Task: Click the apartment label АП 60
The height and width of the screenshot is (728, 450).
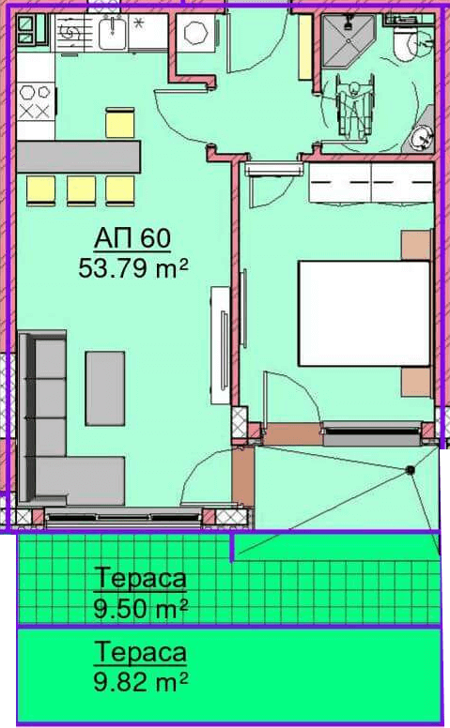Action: pos(132,238)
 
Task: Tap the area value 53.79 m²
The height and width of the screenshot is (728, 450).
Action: pos(133,268)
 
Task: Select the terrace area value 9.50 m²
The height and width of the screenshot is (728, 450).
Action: pos(140,608)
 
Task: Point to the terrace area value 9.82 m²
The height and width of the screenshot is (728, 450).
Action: pos(140,682)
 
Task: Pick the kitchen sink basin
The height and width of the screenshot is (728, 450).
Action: pos(113,33)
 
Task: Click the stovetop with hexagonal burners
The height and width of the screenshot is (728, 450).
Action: pos(36,101)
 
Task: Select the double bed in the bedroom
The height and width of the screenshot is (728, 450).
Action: pos(364,313)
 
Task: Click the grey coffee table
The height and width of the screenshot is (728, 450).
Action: pos(105,388)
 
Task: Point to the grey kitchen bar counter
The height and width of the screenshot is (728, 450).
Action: pos(78,157)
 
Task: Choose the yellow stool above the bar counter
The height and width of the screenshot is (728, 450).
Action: pos(120,123)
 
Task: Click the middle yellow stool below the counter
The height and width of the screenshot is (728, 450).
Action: pos(81,190)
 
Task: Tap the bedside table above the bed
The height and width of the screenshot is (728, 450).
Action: pos(416,245)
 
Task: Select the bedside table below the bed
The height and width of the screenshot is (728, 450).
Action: pos(416,382)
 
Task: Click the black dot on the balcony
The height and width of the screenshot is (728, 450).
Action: pos(410,469)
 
